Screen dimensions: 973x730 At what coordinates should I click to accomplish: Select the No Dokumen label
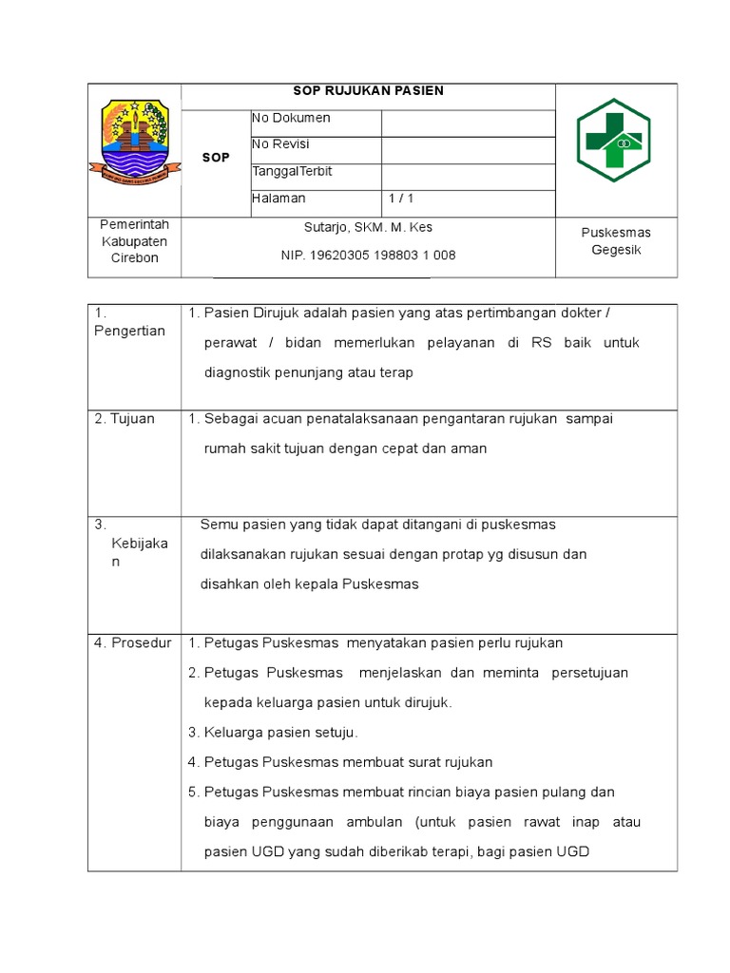(292, 118)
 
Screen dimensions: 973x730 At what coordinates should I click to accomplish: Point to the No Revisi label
(280, 144)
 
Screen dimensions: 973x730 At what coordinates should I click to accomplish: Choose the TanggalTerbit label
(293, 171)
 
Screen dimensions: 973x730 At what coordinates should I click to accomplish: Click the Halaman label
(279, 199)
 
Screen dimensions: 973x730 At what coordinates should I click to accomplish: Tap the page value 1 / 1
(401, 199)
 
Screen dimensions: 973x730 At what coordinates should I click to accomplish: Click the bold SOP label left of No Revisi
(216, 158)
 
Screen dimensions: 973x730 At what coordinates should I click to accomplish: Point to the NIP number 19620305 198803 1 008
(368, 256)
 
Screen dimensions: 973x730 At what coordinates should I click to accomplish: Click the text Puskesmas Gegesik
(616, 241)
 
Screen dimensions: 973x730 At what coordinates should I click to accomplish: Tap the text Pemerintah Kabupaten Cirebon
(134, 241)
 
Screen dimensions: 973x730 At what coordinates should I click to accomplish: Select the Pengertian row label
(130, 331)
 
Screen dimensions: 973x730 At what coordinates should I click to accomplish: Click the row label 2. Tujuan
(125, 419)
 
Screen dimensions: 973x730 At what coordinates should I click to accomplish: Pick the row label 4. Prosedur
(132, 643)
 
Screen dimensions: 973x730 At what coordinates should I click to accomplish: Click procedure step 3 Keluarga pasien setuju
(273, 733)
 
